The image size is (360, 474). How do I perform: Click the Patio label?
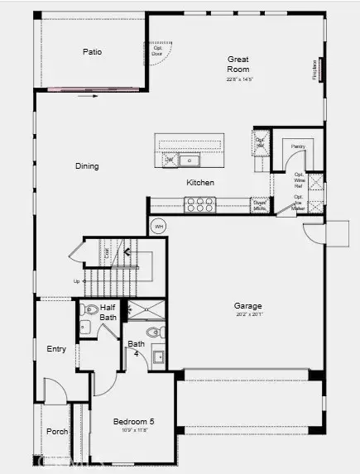(x=93, y=52)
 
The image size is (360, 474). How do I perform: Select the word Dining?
(x=87, y=166)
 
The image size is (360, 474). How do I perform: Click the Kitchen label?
(x=200, y=183)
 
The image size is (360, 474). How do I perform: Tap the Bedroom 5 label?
(x=134, y=422)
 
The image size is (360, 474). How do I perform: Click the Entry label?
(x=56, y=349)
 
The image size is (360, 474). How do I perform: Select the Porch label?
(x=57, y=431)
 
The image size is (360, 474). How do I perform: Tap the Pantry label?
(x=298, y=146)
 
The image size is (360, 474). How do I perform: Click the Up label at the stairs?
(x=77, y=281)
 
